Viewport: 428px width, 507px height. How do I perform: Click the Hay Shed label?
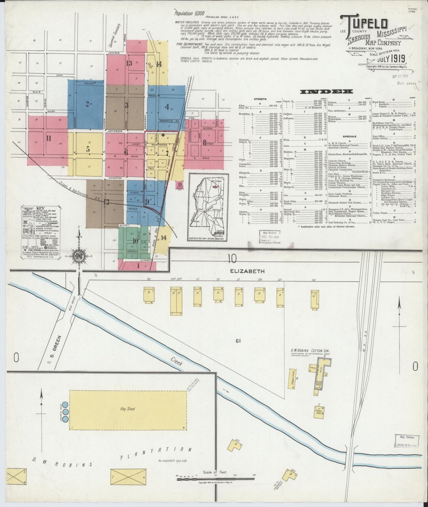(x=127, y=409)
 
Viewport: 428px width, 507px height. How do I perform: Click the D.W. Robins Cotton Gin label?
(x=310, y=351)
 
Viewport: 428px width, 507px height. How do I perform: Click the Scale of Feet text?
(x=215, y=472)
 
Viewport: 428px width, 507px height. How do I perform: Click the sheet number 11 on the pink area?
(x=49, y=138)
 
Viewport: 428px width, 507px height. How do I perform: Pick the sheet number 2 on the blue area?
(x=87, y=104)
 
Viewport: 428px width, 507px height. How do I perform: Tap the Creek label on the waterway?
(x=176, y=363)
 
